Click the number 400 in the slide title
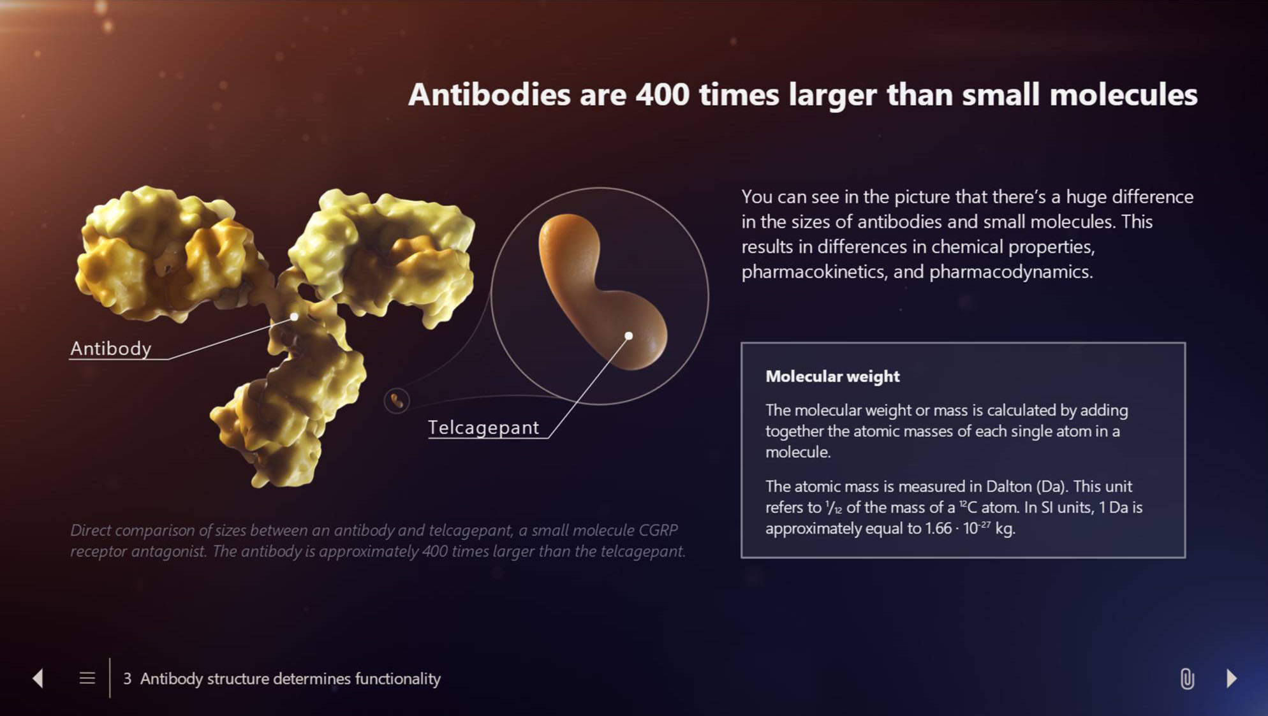point(662,94)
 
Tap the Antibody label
point(111,348)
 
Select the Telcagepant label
point(483,427)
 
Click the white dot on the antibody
point(294,316)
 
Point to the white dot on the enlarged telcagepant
point(628,335)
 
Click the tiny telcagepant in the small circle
point(397,400)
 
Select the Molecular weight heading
point(832,376)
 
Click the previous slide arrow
point(38,678)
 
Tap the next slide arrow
point(1232,678)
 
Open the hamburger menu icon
point(87,678)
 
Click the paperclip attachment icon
point(1187,678)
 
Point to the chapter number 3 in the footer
point(128,678)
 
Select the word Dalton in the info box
point(1008,486)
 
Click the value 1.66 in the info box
point(938,529)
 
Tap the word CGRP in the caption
point(658,530)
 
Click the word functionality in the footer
point(398,678)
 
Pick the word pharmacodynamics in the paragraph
point(1011,272)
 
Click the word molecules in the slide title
point(1123,94)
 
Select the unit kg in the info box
point(1005,529)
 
